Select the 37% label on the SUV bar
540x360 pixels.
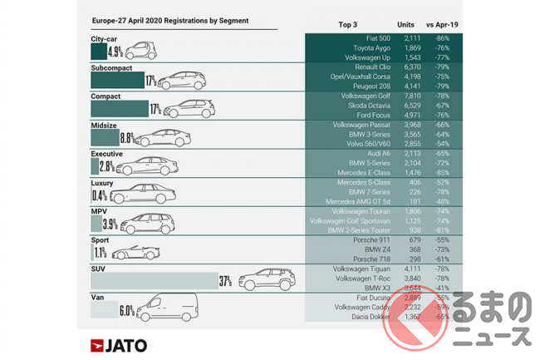point(225,281)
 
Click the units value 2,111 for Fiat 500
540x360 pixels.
point(414,38)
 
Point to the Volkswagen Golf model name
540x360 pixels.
point(361,95)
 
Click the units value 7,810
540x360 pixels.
point(414,95)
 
